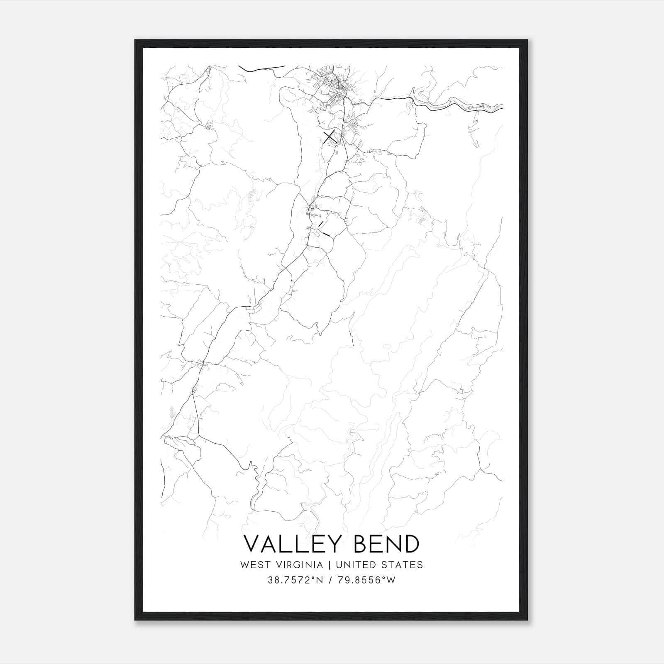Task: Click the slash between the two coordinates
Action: click(331, 580)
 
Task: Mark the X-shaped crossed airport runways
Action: click(330, 137)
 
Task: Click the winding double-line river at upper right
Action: click(456, 104)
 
